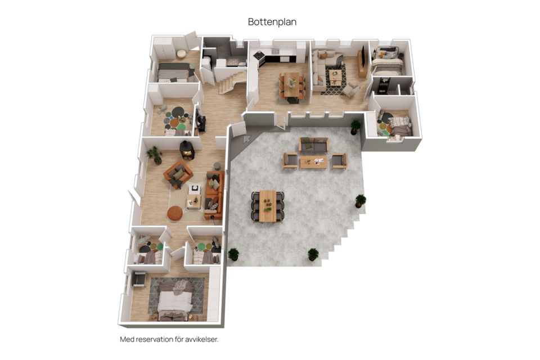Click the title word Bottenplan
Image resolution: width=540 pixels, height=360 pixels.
272,22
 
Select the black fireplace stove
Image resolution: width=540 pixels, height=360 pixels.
187,150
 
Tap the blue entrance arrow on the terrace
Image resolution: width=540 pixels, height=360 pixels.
246,139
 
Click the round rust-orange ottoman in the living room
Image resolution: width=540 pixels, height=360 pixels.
175,213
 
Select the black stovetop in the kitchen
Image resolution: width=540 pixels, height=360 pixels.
258,55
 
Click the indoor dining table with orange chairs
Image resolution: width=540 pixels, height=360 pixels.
291,85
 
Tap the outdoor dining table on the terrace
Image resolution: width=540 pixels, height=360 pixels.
268,206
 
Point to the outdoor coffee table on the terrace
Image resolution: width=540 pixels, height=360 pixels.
313,162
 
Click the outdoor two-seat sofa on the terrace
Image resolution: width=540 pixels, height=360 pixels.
313,145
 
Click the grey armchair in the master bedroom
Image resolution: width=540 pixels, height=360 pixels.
139,279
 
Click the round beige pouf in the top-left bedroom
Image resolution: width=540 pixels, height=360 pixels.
181,54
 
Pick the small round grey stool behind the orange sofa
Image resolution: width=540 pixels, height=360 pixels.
217,166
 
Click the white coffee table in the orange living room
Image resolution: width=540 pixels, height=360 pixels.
195,189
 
